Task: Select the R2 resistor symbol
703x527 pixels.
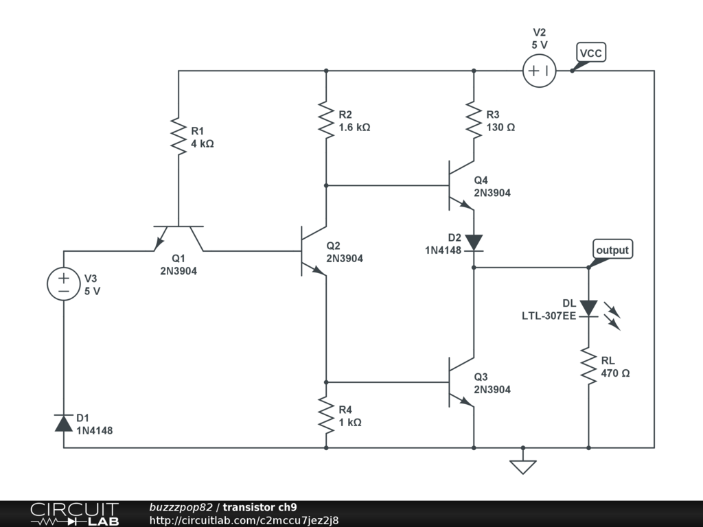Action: (326, 119)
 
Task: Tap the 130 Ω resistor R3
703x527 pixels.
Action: (474, 119)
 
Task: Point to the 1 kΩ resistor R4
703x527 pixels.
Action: (326, 414)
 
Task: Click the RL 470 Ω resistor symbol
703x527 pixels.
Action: (588, 366)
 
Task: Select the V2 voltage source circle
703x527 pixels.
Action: (540, 71)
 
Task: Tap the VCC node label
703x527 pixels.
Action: (591, 53)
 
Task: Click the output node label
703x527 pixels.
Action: (612, 250)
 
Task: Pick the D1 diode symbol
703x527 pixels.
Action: (63, 423)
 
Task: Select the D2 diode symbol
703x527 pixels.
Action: (474, 242)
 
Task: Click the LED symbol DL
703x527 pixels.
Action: (589, 309)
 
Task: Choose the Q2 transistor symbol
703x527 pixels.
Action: (312, 251)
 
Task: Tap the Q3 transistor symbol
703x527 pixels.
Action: (460, 382)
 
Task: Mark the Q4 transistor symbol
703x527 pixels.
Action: (460, 185)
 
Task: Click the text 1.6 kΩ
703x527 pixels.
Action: (354, 127)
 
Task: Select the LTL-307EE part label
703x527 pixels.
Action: (549, 316)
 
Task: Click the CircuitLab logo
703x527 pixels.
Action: (74, 514)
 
